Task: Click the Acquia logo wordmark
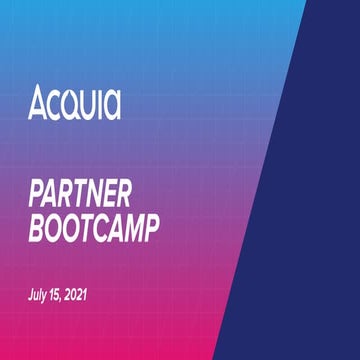point(75,103)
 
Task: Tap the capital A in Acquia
point(37,103)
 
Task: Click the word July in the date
point(39,296)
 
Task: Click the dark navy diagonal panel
point(310,200)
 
